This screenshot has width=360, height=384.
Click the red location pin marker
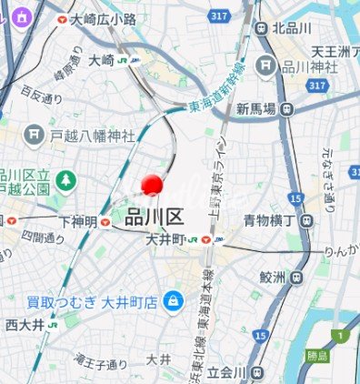click(151, 184)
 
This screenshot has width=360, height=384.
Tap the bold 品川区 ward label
click(155, 217)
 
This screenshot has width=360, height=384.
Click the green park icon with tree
click(65, 180)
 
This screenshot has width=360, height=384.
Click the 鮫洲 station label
click(273, 276)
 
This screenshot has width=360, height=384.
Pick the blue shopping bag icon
click(172, 298)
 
